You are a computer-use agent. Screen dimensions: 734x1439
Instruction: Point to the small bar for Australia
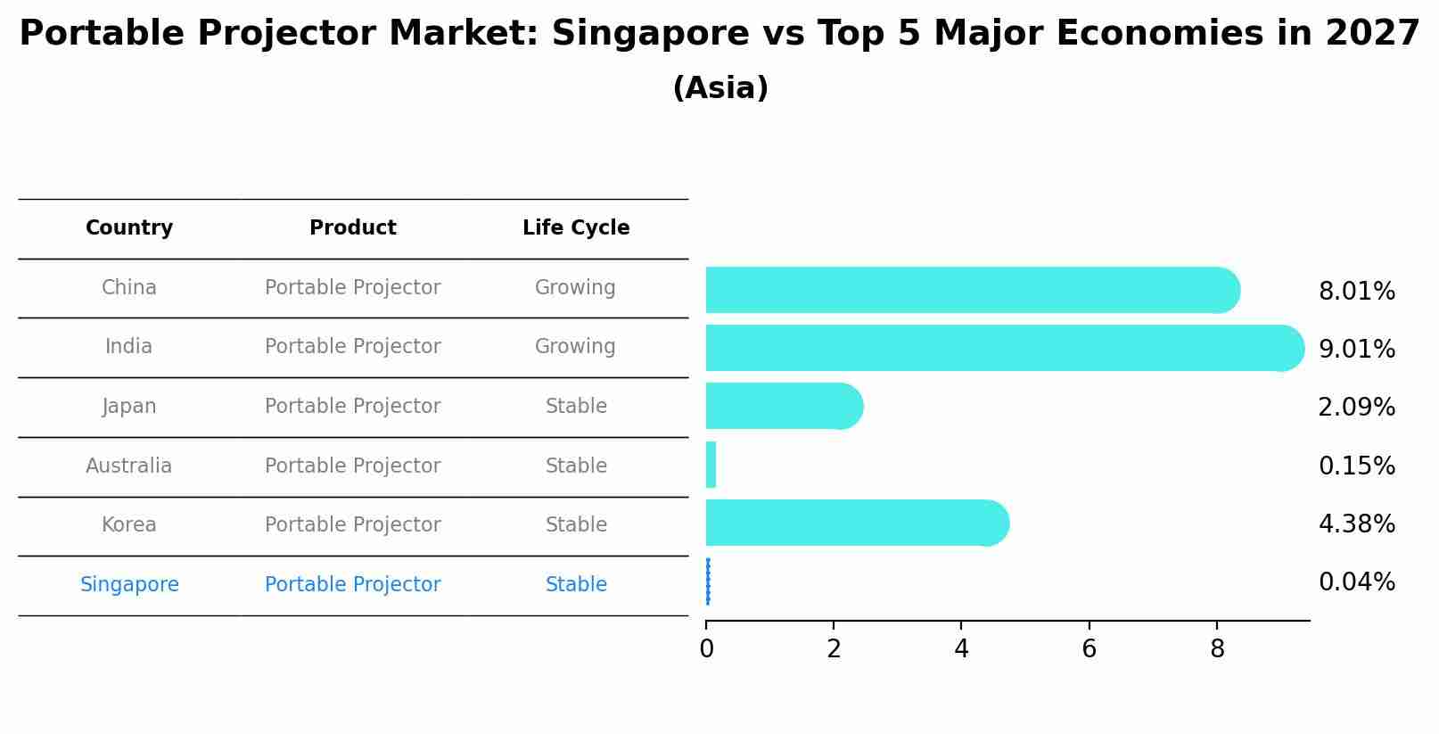(711, 465)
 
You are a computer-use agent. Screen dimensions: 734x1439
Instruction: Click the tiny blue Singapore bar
(708, 581)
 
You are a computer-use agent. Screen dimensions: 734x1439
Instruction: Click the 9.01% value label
(1356, 349)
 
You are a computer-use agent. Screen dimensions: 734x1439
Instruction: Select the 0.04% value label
(1356, 582)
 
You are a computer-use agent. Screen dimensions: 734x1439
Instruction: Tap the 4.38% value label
(1356, 524)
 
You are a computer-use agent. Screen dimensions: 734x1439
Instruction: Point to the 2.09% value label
(1356, 407)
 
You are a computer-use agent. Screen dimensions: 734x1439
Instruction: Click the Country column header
(129, 228)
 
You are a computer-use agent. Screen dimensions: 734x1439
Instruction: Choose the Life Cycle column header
(576, 228)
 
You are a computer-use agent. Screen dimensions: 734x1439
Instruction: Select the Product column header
(353, 228)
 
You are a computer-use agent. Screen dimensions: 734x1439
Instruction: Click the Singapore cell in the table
(129, 585)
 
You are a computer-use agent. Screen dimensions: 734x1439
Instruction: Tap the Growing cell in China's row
(575, 288)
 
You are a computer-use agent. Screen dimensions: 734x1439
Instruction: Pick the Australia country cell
(129, 466)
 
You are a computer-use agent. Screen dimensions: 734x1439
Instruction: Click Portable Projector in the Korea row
(353, 525)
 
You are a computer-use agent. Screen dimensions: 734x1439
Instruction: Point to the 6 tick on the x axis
(1089, 649)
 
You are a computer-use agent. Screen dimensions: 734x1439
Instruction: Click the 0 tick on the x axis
(707, 649)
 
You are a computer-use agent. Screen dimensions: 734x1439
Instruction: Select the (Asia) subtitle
(720, 88)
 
